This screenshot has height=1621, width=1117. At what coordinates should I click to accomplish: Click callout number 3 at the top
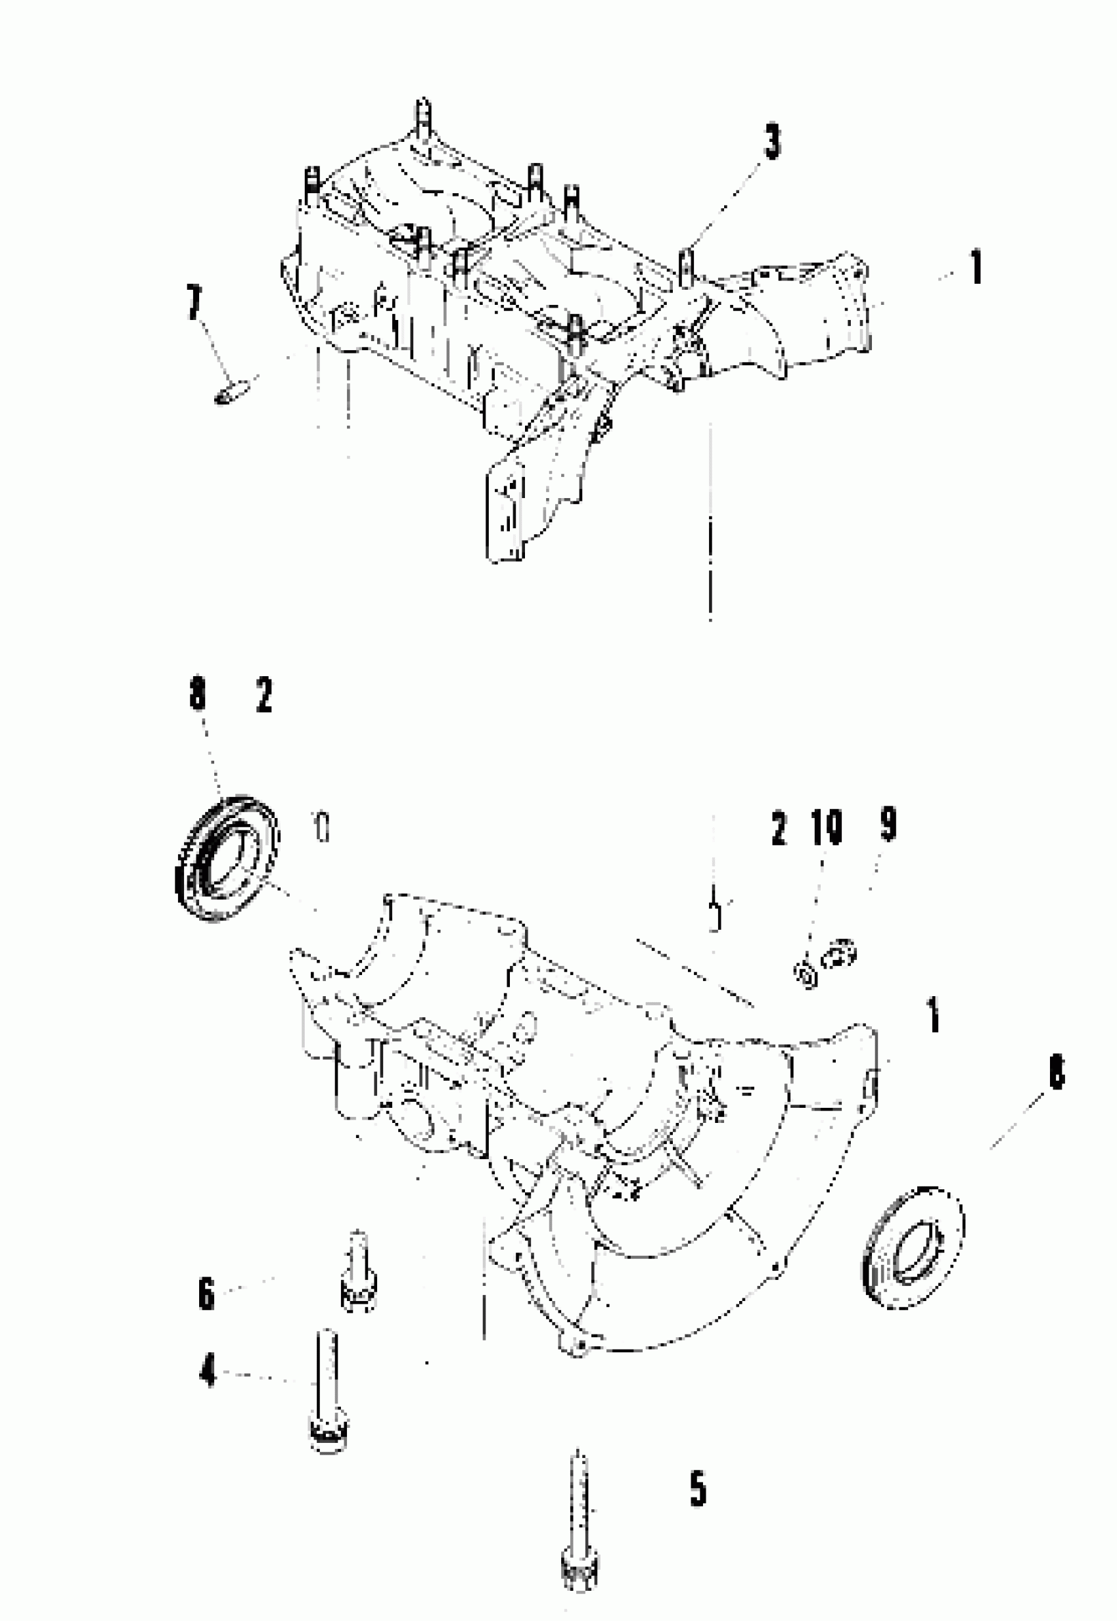771,142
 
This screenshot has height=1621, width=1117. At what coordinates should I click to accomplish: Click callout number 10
826,827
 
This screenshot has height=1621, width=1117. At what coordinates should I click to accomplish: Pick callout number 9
888,824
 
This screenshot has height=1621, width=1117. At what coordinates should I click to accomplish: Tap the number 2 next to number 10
778,829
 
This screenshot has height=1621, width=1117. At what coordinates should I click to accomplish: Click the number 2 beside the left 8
264,696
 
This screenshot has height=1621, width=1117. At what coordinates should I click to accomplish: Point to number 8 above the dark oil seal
198,696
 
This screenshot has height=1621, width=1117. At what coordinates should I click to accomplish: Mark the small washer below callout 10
806,974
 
